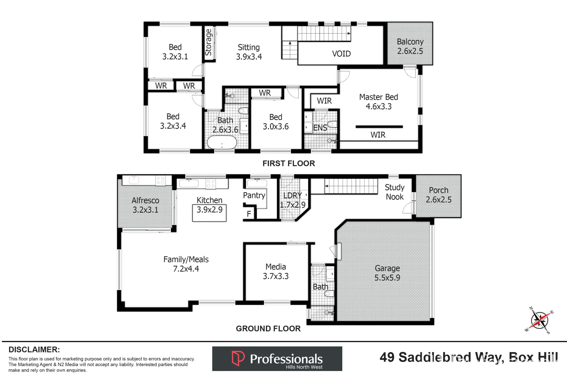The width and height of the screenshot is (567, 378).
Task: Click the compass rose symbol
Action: [539, 320]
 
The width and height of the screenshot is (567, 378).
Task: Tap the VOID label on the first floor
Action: [341, 54]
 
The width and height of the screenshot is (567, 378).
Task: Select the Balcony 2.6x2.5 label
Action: [410, 47]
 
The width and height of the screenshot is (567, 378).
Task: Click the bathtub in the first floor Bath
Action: [222, 143]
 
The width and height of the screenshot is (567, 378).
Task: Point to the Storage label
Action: [209, 43]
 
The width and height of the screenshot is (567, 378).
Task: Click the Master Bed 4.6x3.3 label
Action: [378, 102]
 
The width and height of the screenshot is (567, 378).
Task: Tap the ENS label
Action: [320, 128]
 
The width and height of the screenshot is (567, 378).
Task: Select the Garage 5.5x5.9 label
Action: [387, 273]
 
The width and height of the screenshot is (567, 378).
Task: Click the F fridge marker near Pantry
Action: [249, 214]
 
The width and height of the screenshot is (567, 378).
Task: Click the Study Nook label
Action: [394, 192]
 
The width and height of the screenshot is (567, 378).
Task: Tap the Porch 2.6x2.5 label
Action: [438, 195]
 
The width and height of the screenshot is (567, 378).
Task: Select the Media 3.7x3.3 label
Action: [275, 272]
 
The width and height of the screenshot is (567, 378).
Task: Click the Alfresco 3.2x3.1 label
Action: [145, 205]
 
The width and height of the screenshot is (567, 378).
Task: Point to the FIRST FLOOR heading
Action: [288, 163]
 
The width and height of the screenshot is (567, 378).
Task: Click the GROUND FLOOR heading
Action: [268, 329]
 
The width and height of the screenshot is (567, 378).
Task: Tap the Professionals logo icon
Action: [238, 358]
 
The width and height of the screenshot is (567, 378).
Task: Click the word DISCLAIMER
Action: [34, 350]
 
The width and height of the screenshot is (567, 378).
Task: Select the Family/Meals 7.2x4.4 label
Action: [186, 264]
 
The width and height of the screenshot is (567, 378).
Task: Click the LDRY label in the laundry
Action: [292, 196]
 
